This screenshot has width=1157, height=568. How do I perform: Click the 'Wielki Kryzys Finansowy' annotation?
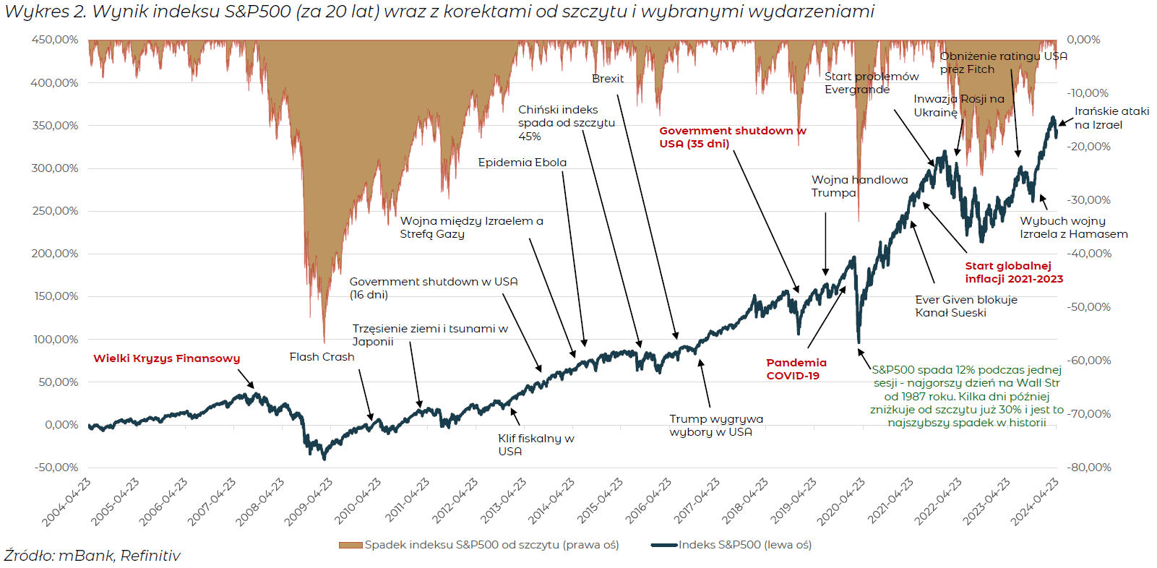[x=166, y=358]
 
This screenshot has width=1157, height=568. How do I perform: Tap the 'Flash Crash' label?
[x=322, y=357]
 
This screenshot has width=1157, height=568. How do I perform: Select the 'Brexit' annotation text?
[x=608, y=79]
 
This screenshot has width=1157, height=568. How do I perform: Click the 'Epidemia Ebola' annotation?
[x=522, y=163]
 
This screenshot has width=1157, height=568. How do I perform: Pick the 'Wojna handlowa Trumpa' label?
[x=859, y=186]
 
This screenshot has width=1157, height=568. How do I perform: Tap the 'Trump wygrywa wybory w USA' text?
[x=715, y=426]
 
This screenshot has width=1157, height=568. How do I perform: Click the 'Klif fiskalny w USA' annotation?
[x=536, y=444]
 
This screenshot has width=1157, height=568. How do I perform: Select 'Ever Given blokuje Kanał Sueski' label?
[x=965, y=306]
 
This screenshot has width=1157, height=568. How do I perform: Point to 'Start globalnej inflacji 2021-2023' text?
[x=1013, y=272]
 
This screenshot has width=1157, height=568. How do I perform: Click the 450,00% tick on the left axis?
[x=55, y=40]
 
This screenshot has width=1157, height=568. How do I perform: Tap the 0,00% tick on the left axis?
[x=61, y=425]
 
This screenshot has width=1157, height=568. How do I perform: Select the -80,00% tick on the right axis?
[x=1089, y=468]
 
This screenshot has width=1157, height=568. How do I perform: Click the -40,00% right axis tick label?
[x=1089, y=254]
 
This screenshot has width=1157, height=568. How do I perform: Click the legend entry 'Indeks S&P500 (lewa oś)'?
[x=744, y=545]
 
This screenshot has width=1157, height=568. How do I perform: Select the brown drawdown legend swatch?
[x=350, y=545]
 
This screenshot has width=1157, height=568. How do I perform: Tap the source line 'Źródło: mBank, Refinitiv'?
[x=92, y=556]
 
